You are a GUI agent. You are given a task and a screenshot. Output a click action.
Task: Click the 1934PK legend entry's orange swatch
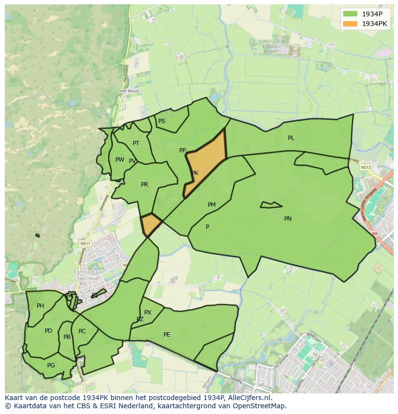(x=350, y=24)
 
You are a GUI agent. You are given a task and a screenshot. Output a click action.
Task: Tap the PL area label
(x=291, y=138)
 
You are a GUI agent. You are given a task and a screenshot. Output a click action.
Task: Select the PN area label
(x=288, y=219)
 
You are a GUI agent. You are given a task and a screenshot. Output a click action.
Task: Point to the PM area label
(x=211, y=205)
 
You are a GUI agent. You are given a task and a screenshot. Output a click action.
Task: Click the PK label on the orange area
(x=195, y=173)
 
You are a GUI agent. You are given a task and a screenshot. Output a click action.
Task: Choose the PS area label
(x=162, y=121)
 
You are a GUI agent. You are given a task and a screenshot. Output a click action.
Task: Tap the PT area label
(x=136, y=143)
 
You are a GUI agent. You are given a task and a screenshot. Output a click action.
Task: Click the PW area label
(x=120, y=160)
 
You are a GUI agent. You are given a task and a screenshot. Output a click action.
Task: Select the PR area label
(x=144, y=185)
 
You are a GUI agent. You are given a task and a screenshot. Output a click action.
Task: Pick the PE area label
(x=167, y=335)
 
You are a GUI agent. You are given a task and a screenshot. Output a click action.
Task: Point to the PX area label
(x=148, y=313)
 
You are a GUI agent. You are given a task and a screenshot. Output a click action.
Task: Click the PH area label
(x=40, y=306)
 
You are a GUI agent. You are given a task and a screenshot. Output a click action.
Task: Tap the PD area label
(x=49, y=331)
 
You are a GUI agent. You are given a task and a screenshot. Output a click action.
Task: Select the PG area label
(x=51, y=365)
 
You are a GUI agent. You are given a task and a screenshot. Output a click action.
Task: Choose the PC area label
(x=82, y=331)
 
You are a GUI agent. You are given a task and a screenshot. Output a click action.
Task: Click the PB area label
(x=67, y=337)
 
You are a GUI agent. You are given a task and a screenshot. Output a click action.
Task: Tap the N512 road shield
(x=366, y=167)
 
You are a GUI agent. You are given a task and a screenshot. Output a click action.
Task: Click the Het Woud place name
(x=129, y=91)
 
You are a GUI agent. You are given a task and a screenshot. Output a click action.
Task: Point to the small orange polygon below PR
(x=151, y=224)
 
